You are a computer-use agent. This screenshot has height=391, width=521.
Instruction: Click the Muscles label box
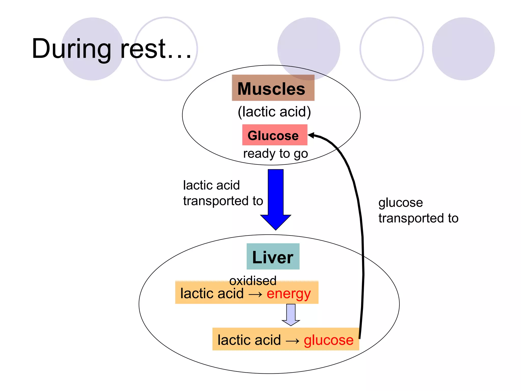[x=273, y=88]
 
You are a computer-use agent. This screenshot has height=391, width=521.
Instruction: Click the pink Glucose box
[x=274, y=135]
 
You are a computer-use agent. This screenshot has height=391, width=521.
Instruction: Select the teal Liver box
[x=273, y=257]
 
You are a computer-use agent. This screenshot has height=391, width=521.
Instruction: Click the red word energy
[x=288, y=294]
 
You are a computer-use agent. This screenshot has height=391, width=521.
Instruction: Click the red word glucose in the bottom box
[x=328, y=340]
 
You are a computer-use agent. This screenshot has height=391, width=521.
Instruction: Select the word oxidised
[x=253, y=281]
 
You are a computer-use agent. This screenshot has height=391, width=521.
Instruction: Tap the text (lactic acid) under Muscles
[x=274, y=112]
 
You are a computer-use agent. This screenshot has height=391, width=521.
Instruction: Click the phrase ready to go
[x=276, y=154]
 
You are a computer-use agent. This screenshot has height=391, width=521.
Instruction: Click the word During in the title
[x=71, y=49]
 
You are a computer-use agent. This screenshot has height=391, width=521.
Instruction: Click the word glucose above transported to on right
[x=400, y=203]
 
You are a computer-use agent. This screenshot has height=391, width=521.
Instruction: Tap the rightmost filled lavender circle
[x=463, y=49]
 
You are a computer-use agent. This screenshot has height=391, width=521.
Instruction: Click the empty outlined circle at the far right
[x=392, y=49]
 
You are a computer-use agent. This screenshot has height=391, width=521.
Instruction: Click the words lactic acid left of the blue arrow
[x=211, y=185]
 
